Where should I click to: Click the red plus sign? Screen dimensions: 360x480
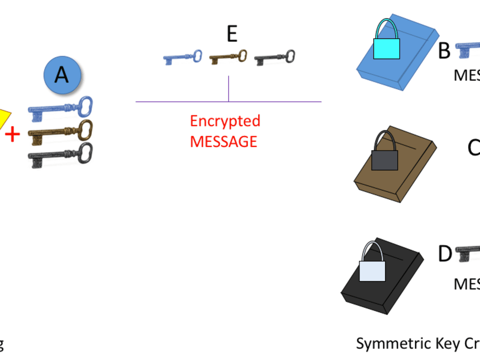pos(12,135)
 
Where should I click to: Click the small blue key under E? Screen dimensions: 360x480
pos(182,58)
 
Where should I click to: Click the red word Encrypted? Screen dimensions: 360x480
pos(225,121)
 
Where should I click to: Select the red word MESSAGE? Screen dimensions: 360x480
pos(224,142)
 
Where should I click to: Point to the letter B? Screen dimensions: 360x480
pos(444,51)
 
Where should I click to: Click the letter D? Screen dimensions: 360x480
pos(445,254)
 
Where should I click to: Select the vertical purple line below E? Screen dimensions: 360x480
pos(228,89)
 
